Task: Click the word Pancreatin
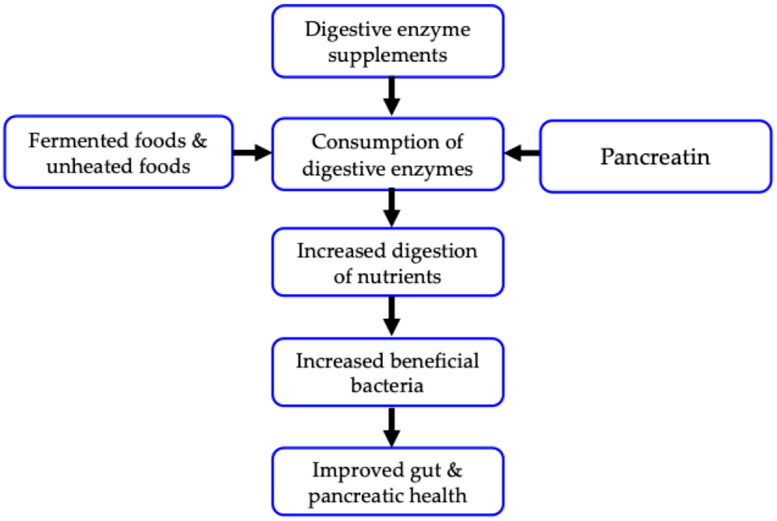[x=655, y=157]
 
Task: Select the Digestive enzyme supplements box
[x=388, y=41]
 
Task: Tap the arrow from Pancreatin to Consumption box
[x=522, y=153]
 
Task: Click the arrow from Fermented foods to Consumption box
[x=252, y=152]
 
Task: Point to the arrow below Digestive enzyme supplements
[x=391, y=96]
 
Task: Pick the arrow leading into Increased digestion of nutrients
[x=391, y=208]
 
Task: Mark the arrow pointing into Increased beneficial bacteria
[x=391, y=317]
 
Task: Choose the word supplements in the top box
[x=388, y=55]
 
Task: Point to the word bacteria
[x=387, y=386]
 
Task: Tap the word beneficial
[x=434, y=361]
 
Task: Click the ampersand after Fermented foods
[x=199, y=140]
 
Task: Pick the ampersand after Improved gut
[x=454, y=470]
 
